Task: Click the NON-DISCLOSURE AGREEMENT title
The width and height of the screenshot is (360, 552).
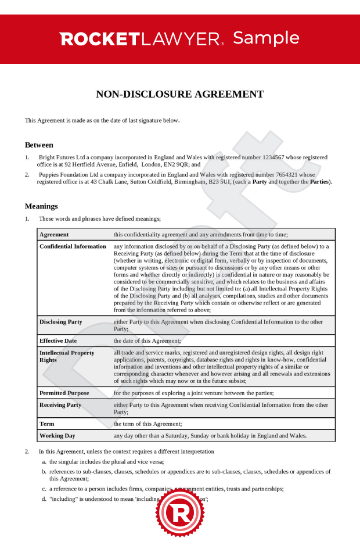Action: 179,94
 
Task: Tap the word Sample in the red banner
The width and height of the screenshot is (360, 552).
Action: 266,38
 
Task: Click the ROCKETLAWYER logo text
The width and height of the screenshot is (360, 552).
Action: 141,39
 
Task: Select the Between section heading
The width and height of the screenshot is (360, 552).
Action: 39,145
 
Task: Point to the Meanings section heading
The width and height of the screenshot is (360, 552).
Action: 41,206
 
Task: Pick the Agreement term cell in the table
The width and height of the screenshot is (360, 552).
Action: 54,235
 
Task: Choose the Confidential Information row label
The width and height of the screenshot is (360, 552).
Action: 73,246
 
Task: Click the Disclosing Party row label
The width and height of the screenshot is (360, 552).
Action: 61,322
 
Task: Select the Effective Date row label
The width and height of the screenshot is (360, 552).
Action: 58,340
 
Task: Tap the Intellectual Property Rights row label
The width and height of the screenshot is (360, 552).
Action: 67,356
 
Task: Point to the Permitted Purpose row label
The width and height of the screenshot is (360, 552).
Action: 64,393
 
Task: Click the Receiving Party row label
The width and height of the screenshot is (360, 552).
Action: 60,405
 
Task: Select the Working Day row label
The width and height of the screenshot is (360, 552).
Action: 57,436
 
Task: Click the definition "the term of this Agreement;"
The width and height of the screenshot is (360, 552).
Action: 147,424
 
